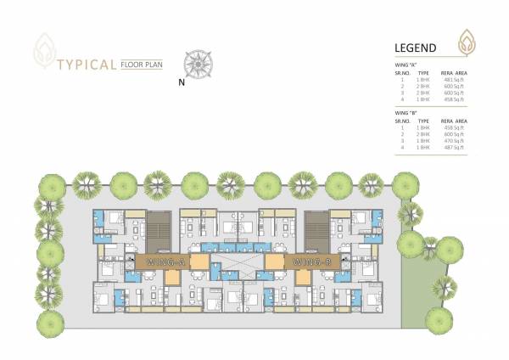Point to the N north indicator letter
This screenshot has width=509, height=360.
[x=182, y=83]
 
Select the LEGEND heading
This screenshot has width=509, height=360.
[x=416, y=48]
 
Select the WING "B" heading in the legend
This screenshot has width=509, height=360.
[x=406, y=112]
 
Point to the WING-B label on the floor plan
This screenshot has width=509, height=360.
[x=310, y=262]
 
